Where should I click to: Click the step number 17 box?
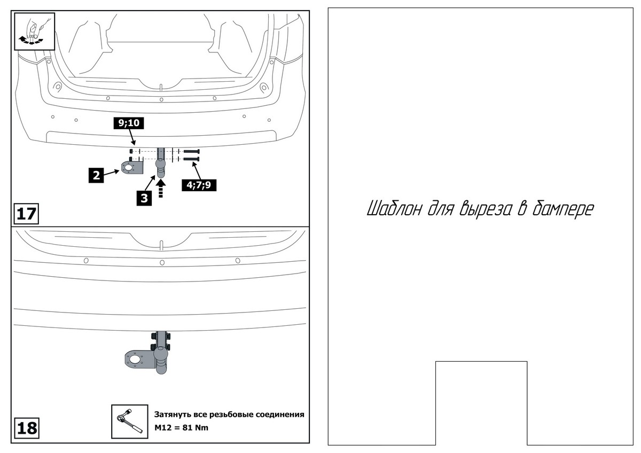point(25,214)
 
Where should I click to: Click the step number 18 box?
point(25,428)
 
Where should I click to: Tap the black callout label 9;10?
point(128,123)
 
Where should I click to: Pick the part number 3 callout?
point(144,196)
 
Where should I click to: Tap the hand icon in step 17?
point(34,30)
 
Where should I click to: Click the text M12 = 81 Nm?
point(181,428)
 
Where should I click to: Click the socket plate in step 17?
point(131,168)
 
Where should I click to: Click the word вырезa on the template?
point(485,209)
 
